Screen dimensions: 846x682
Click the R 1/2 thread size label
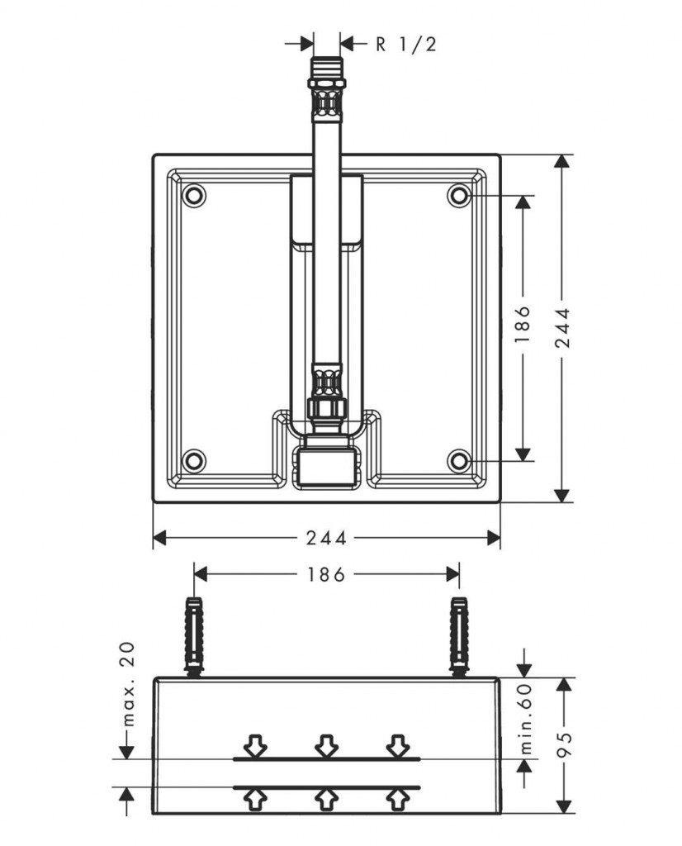[405, 44]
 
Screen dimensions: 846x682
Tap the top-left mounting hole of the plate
[194, 196]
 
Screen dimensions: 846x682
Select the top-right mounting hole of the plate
[459, 196]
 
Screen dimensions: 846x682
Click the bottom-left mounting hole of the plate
[194, 459]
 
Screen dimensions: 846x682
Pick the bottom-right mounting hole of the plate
[459, 459]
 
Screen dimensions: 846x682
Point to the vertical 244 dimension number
[563, 327]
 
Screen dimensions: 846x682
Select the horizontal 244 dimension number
[327, 538]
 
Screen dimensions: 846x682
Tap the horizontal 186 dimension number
[327, 574]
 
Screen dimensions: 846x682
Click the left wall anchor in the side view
[194, 634]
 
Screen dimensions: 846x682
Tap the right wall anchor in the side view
[459, 634]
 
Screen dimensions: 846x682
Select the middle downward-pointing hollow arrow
[327, 746]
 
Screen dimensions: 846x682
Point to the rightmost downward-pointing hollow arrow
[397, 746]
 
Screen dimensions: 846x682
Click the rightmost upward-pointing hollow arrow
[397, 798]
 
